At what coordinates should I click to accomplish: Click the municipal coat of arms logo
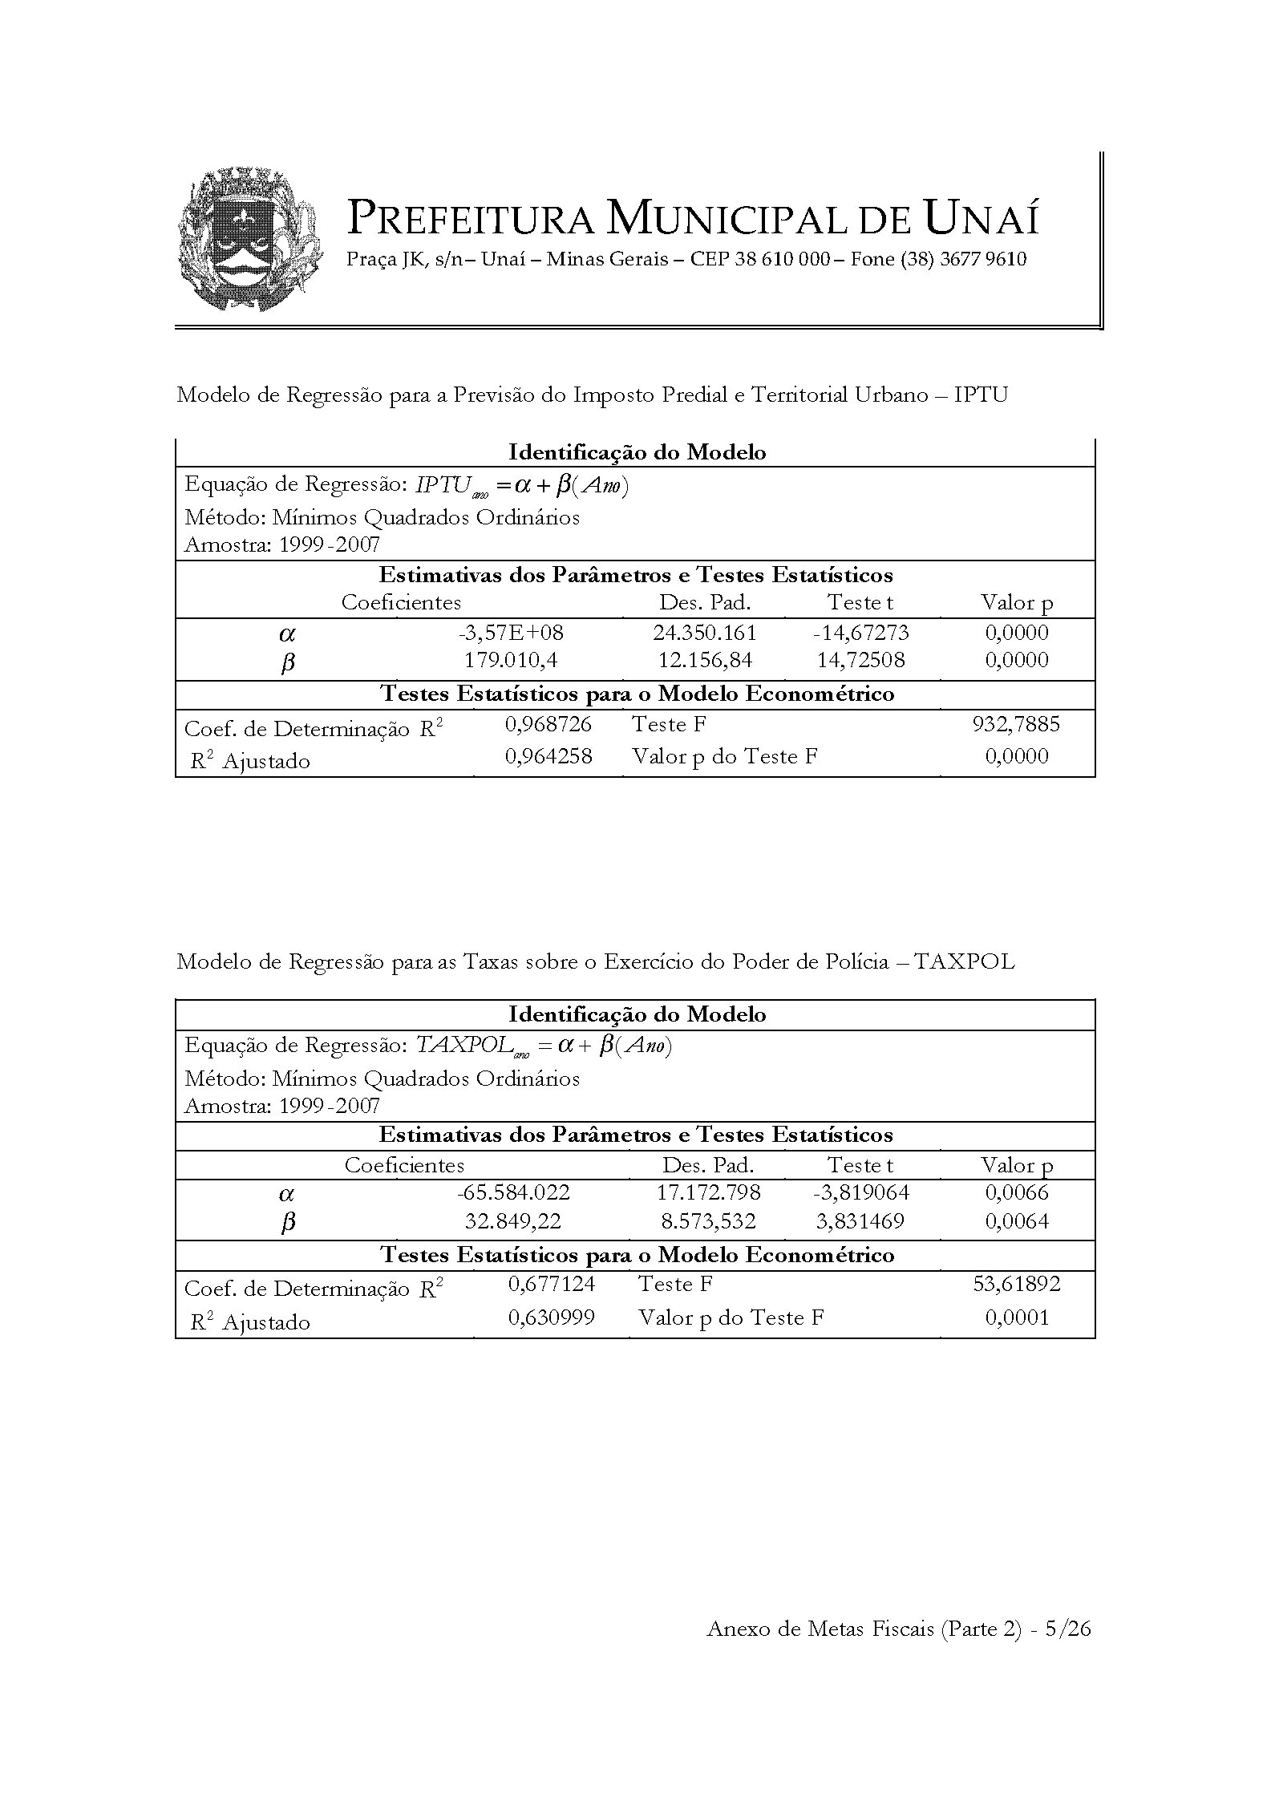[x=250, y=240]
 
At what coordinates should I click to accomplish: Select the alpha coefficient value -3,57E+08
[x=512, y=633]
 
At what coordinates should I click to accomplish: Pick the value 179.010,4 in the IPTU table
[x=512, y=661]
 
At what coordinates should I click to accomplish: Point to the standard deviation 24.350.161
[x=705, y=633]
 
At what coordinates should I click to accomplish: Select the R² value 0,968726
[x=548, y=725]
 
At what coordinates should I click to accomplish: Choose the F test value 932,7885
[x=1016, y=725]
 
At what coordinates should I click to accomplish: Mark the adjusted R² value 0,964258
[x=548, y=756]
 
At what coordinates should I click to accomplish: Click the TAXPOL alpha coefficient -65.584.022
[x=513, y=1193]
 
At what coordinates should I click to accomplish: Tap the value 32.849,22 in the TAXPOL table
[x=513, y=1222]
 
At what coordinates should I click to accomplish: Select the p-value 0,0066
[x=1017, y=1193]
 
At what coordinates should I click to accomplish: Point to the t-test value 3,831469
[x=860, y=1222]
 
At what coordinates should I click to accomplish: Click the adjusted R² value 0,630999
[x=552, y=1317]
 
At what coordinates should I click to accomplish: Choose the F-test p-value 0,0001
[x=1017, y=1317]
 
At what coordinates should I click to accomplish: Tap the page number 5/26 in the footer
[x=1068, y=1629]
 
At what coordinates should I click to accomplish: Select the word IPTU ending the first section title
[x=981, y=395]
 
